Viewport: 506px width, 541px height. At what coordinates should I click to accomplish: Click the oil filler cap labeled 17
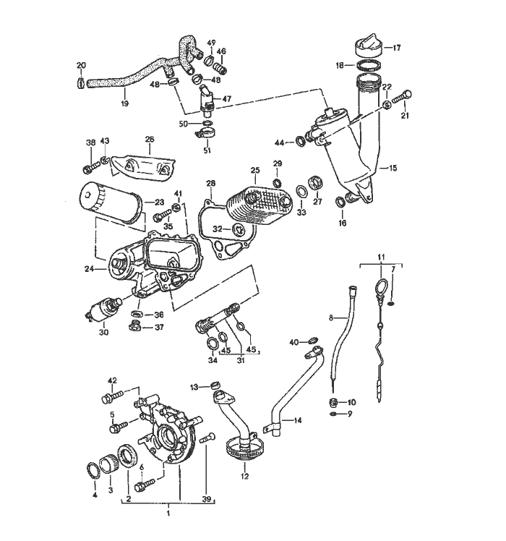coord(369,47)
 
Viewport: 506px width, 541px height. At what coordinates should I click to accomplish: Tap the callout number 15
coord(393,168)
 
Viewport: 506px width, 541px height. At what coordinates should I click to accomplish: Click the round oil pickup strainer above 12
coord(242,449)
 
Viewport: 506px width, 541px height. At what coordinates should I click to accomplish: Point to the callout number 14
coord(297,420)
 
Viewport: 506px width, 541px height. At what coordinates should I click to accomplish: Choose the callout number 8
coord(330,317)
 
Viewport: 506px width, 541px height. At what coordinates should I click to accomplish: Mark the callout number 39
coord(207,498)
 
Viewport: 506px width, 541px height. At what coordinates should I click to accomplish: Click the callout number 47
coord(226,98)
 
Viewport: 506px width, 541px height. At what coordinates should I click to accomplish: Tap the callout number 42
coord(112,380)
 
